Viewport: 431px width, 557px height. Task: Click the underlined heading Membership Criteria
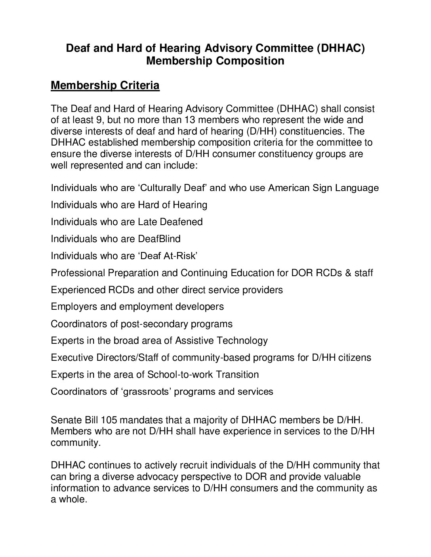[105, 85]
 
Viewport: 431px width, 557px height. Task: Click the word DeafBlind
[159, 239]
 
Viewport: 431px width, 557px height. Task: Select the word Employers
[75, 307]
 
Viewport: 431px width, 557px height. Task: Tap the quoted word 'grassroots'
[146, 392]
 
